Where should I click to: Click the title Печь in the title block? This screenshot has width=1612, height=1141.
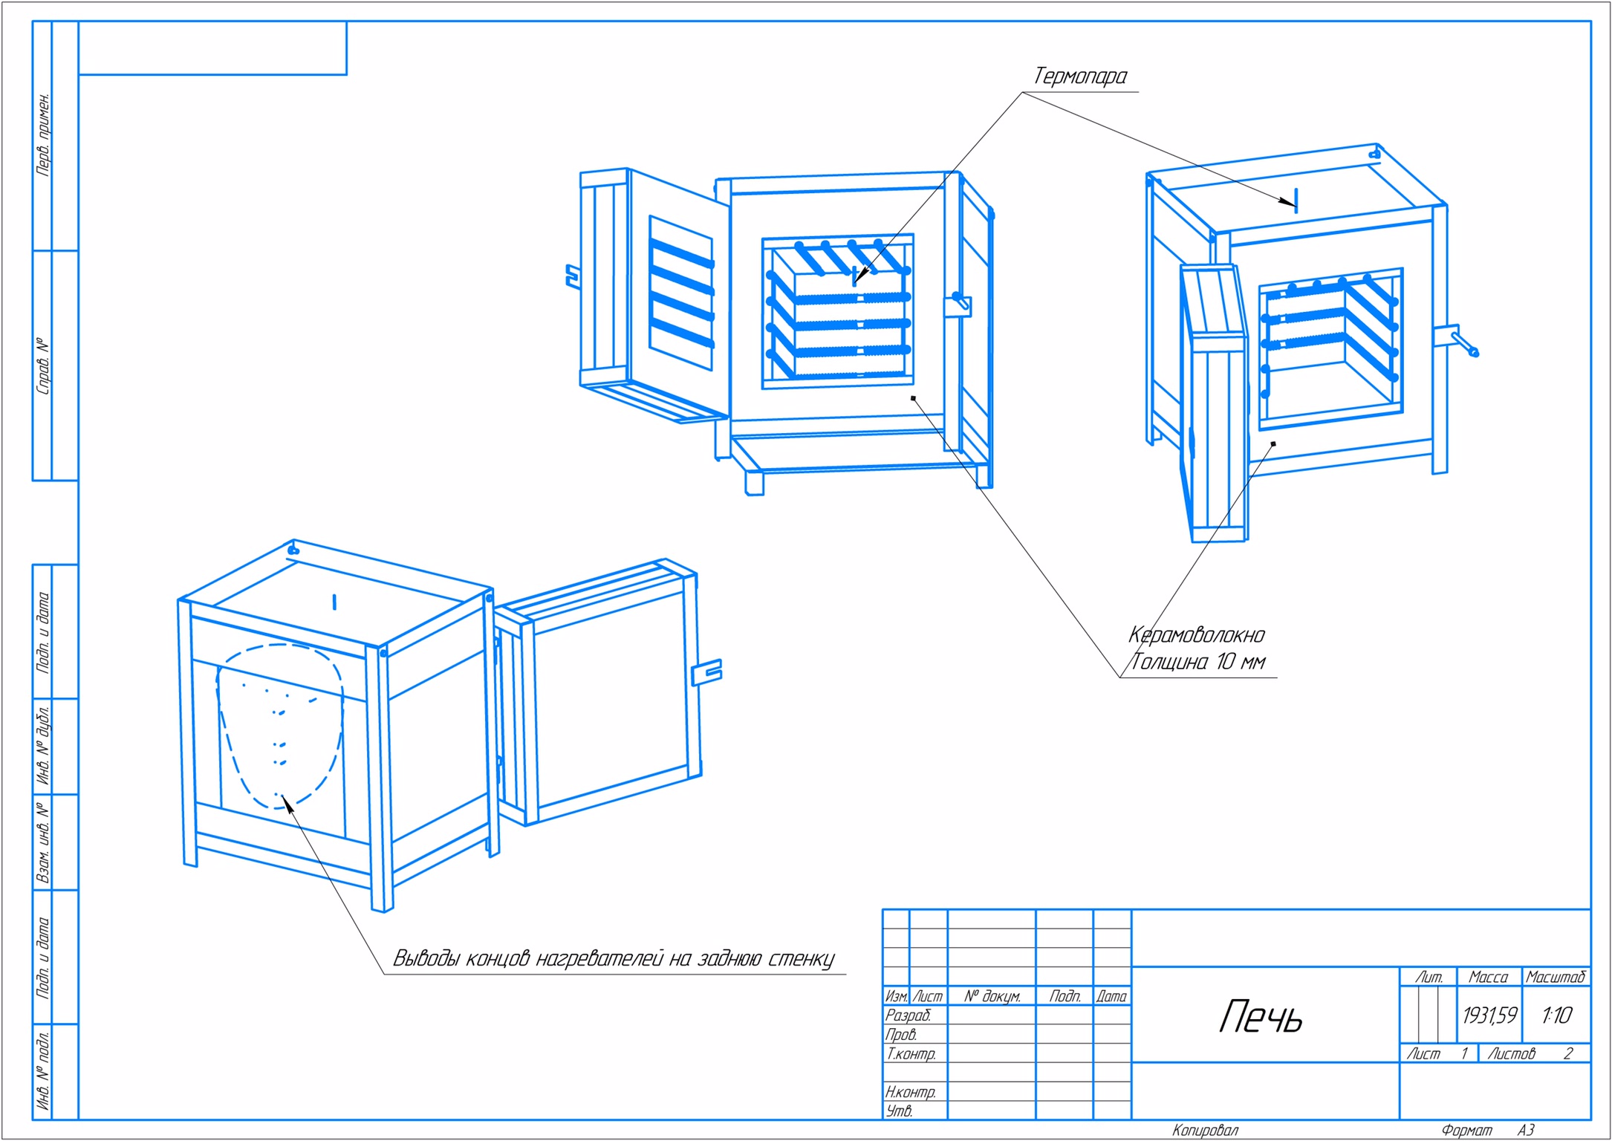pyautogui.click(x=1261, y=1017)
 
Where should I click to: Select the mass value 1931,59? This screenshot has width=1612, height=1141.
pyautogui.click(x=1489, y=1015)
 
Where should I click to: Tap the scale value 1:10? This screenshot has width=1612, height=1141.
pyautogui.click(x=1556, y=1015)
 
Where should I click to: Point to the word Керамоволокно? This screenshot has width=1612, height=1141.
pyautogui.click(x=1196, y=635)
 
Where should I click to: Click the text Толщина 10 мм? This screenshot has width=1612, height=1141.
pyautogui.click(x=1197, y=662)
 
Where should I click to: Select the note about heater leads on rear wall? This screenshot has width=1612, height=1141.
pyautogui.click(x=614, y=959)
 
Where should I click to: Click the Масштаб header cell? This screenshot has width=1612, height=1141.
pyautogui.click(x=1556, y=978)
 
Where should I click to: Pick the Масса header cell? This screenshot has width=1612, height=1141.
pyautogui.click(x=1488, y=978)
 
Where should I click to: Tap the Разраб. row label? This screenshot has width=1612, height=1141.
pyautogui.click(x=908, y=1015)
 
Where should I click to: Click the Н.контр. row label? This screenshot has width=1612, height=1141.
pyautogui.click(x=910, y=1092)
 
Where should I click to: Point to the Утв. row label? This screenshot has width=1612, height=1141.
pyautogui.click(x=899, y=1111)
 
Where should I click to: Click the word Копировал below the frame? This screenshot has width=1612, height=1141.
pyautogui.click(x=1205, y=1131)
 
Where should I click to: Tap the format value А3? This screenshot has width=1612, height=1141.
pyautogui.click(x=1525, y=1131)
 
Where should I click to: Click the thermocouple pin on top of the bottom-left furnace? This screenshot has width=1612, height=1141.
pyautogui.click(x=334, y=602)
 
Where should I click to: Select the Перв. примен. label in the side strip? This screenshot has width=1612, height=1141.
pyautogui.click(x=44, y=134)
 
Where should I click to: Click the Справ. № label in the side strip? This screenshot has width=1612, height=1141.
pyautogui.click(x=44, y=366)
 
